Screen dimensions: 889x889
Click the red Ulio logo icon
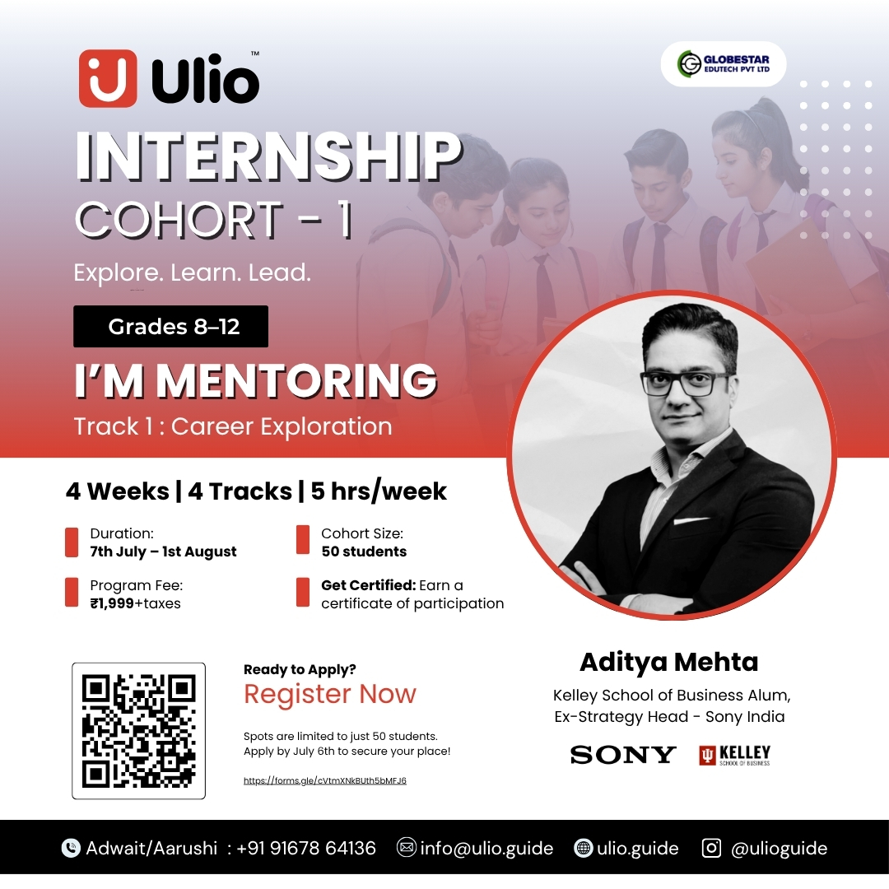(108, 78)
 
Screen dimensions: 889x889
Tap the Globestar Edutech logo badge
(724, 64)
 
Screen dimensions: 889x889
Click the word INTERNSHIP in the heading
(268, 156)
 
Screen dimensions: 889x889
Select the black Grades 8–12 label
(170, 326)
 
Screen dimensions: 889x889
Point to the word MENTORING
(296, 380)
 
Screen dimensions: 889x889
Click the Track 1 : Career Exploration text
(233, 426)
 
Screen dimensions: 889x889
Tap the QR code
(139, 731)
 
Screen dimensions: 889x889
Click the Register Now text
(330, 694)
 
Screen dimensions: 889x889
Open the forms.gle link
(325, 780)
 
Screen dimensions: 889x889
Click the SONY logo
(622, 755)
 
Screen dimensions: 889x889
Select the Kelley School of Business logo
(735, 755)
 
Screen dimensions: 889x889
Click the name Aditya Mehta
(669, 662)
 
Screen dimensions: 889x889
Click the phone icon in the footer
(71, 848)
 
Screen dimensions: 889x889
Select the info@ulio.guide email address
(486, 848)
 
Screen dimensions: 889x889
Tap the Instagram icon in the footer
(711, 848)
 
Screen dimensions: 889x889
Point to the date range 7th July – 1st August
(163, 552)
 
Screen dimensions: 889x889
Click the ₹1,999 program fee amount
(112, 603)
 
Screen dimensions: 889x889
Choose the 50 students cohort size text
(364, 552)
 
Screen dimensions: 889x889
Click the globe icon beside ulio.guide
(583, 848)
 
